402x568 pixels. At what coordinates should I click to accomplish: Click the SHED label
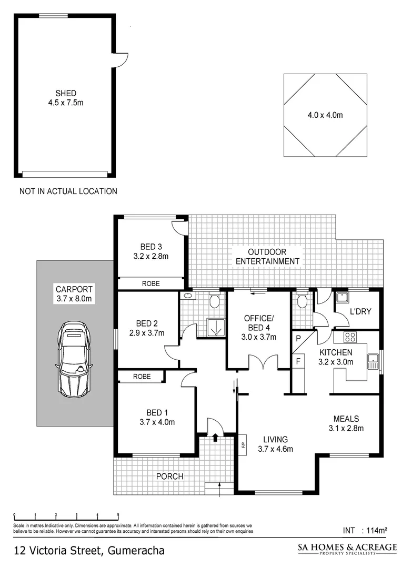point(65,93)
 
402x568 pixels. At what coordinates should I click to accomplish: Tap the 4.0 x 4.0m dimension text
point(325,115)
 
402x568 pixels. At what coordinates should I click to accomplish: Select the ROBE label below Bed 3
point(151,283)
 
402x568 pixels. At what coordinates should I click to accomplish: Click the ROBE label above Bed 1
point(142,377)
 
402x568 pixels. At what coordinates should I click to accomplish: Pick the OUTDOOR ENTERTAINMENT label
point(267,256)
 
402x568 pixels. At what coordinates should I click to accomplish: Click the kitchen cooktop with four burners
point(350,337)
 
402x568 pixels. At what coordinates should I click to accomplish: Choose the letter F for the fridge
point(298,361)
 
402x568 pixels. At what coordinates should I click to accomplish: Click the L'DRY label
point(360,311)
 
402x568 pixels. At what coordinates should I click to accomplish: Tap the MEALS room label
point(346,419)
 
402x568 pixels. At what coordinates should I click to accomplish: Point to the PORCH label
point(169,476)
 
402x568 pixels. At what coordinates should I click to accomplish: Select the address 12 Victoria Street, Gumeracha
point(89,551)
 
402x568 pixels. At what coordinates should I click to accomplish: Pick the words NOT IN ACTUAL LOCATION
point(68,191)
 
